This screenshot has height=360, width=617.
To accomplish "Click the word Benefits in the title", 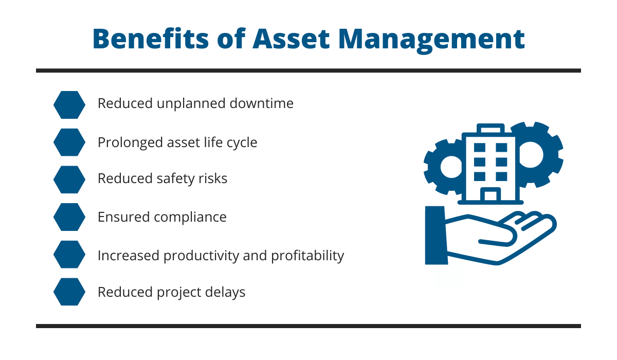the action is tap(151, 39).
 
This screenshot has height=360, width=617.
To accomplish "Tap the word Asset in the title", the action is tap(291, 39).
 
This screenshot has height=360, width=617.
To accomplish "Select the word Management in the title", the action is tap(431, 40).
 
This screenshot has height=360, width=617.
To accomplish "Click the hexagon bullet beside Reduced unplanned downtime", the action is tap(69, 105).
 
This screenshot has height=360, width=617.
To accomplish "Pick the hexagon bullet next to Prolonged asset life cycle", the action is tap(69, 142).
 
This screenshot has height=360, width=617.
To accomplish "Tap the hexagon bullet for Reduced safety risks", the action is tap(69, 179).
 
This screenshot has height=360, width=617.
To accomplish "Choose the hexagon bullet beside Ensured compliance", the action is tap(69, 217).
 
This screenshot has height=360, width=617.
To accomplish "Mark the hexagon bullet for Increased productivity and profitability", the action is tap(69, 255).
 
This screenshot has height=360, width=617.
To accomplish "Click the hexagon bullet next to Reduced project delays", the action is tap(69, 292).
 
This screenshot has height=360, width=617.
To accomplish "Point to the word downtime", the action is tap(261, 103).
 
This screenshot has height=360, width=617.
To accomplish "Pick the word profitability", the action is tap(307, 256).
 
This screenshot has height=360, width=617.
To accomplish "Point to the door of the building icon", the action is tap(491, 194).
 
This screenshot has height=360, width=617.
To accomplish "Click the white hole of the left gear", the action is tap(451, 167).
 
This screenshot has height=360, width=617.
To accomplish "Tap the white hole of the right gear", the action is tap(531, 154).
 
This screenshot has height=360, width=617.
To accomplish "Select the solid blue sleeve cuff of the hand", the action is tap(436, 236).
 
